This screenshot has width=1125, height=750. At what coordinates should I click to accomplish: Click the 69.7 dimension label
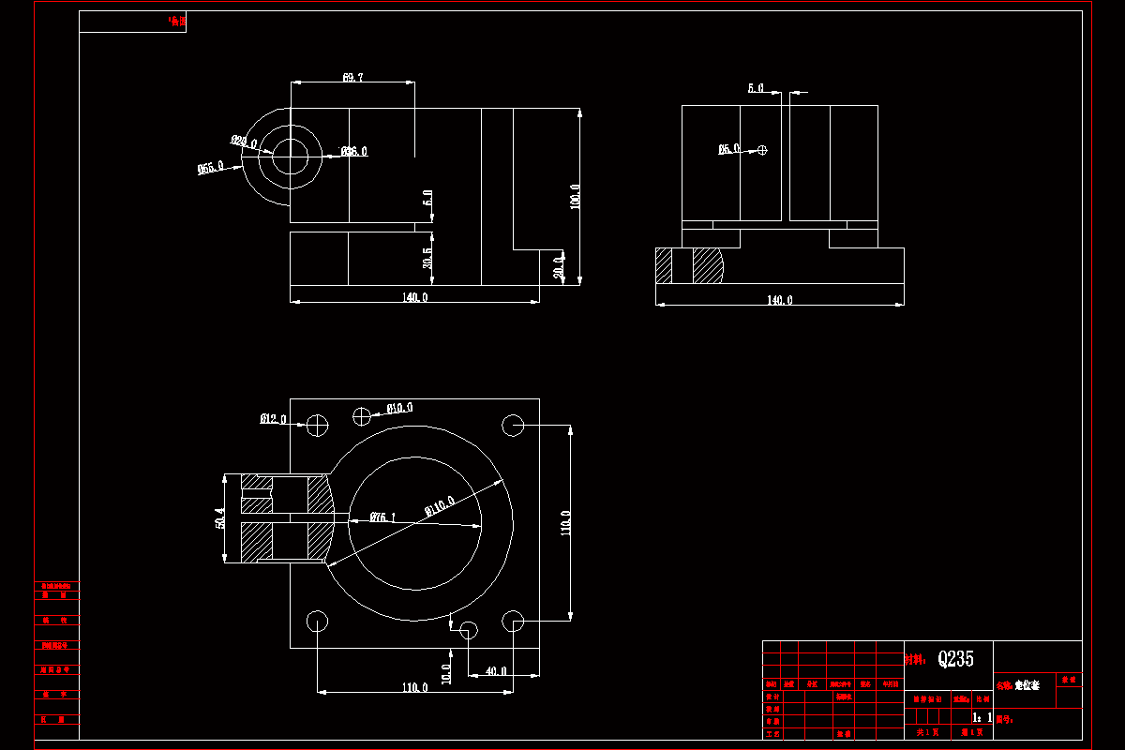[x=353, y=78]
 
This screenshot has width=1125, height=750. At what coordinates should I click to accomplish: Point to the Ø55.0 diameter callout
[x=210, y=168]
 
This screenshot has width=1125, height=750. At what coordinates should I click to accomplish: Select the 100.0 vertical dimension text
[x=575, y=196]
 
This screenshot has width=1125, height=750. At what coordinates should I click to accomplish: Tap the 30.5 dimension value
[x=428, y=258]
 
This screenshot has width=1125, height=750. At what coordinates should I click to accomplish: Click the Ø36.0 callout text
[x=354, y=151]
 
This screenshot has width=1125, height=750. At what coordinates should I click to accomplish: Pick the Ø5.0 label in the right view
[x=729, y=148]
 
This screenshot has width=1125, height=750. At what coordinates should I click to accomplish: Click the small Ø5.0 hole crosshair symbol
[x=762, y=150]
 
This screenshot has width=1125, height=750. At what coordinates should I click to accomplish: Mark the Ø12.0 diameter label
[x=273, y=419]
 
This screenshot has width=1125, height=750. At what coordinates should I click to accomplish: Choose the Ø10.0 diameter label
[x=400, y=408]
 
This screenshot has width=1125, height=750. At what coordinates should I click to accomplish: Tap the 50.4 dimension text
[x=220, y=518]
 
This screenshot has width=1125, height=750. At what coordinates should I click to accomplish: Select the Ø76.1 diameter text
[x=382, y=517]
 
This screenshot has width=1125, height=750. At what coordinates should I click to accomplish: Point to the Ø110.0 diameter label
[x=440, y=506]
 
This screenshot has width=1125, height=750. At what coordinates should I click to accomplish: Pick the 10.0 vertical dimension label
[x=447, y=671]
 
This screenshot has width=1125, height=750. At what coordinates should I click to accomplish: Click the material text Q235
[x=955, y=659]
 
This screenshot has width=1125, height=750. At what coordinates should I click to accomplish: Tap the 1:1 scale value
[x=982, y=717]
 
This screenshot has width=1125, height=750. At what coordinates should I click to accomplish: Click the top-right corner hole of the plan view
[x=513, y=425]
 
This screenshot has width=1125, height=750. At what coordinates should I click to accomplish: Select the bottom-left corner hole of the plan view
[x=317, y=621]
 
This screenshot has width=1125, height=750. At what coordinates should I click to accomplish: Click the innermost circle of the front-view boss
[x=291, y=156]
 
